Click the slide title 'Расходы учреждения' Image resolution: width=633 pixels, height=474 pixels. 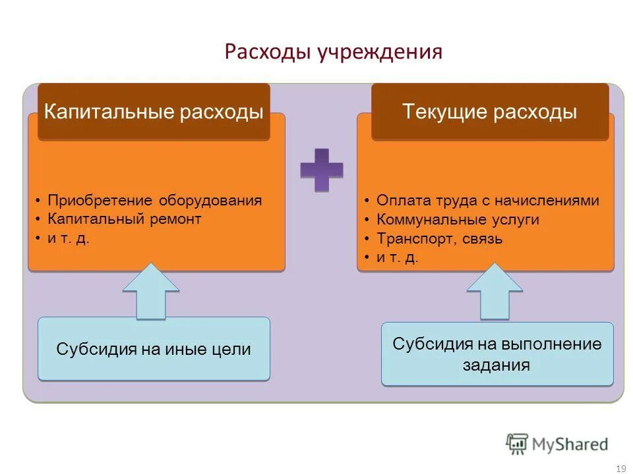(x=333, y=51)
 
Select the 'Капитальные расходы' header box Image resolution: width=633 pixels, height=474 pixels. (x=154, y=111)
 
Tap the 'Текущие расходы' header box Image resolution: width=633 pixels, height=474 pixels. (x=489, y=111)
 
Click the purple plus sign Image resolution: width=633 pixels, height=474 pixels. (x=322, y=170)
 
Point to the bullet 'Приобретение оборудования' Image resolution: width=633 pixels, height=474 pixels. (x=154, y=201)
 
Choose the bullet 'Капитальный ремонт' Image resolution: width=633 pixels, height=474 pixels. (x=124, y=219)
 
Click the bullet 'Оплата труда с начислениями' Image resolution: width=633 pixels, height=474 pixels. (x=487, y=201)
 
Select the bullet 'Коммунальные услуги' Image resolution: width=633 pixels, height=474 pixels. (x=458, y=220)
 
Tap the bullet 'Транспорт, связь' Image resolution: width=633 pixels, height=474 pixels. (x=439, y=238)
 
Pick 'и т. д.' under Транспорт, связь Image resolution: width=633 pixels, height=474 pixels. (x=397, y=257)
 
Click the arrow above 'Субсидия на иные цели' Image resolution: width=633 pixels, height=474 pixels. (x=151, y=290)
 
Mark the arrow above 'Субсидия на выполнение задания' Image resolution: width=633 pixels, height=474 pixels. (x=495, y=290)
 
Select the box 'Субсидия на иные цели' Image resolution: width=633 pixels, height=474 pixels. (x=154, y=349)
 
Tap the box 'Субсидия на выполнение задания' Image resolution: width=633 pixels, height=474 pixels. (x=497, y=354)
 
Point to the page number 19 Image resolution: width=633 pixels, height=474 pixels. (x=620, y=468)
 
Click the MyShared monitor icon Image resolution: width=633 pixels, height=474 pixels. (x=517, y=443)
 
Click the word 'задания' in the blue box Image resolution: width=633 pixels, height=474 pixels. (x=497, y=365)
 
